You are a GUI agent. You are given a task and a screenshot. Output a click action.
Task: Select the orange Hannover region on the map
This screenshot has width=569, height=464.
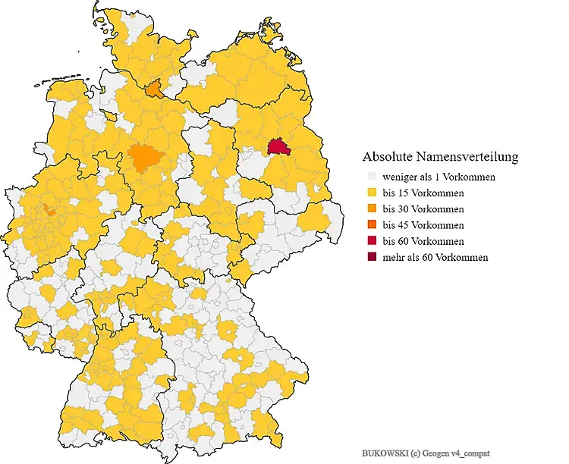(143, 157)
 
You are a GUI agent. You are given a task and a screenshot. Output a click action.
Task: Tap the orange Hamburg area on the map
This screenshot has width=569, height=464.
(155, 90)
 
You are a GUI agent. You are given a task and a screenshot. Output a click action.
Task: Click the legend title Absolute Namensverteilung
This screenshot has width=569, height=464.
(440, 157)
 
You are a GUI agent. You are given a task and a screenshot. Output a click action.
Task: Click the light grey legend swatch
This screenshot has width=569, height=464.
(372, 177)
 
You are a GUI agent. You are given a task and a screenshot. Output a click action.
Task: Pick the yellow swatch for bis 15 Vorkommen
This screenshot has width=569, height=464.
(372, 193)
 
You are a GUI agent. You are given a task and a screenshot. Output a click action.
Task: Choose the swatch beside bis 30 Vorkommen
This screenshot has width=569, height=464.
(372, 209)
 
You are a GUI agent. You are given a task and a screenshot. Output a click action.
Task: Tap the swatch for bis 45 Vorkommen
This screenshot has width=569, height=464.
(372, 225)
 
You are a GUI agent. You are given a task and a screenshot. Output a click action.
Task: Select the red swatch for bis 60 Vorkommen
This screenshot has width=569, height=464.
(372, 241)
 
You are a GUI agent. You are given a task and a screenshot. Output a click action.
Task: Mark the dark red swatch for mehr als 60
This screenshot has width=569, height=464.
(372, 257)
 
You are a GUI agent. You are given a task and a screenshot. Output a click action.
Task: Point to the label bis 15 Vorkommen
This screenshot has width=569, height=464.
(423, 193)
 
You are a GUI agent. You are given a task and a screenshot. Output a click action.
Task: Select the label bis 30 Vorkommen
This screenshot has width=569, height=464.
(423, 209)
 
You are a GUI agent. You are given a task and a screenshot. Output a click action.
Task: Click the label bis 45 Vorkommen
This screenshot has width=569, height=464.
(423, 225)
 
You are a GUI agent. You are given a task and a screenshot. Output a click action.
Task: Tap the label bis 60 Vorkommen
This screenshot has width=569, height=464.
(423, 241)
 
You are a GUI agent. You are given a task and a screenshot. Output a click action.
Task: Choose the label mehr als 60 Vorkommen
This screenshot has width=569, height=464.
(435, 257)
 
